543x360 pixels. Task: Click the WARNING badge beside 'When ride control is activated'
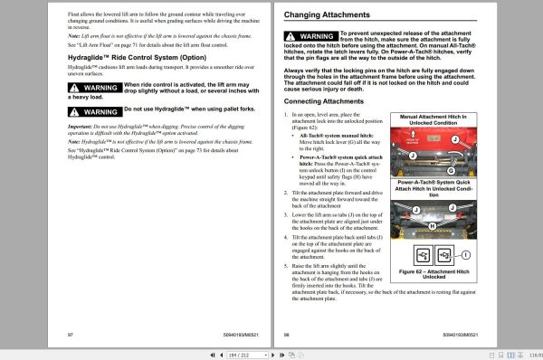tap(94, 88)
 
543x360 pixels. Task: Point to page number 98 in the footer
tap(288, 333)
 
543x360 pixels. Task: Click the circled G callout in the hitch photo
tap(450, 171)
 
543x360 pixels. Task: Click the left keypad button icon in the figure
tap(423, 252)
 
